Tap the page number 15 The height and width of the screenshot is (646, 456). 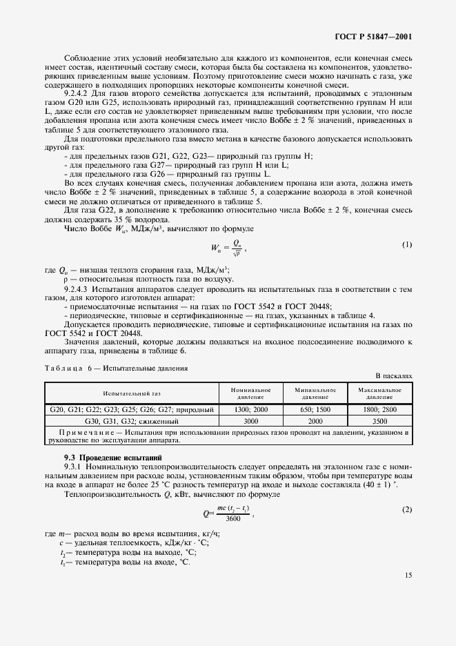point(407,574)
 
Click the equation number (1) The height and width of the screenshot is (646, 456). point(406,244)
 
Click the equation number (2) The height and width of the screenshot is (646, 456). point(406,509)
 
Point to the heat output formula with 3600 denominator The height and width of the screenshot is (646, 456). point(228,513)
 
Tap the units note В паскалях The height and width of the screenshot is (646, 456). point(393,376)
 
